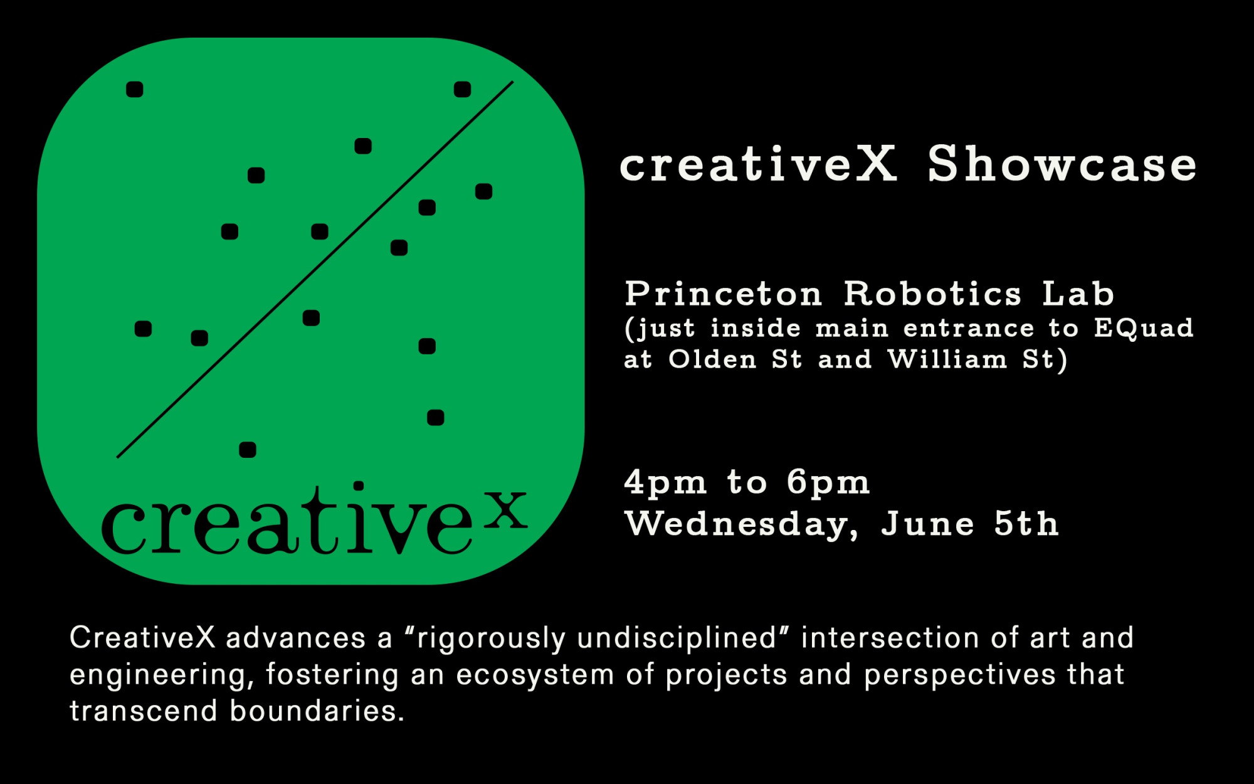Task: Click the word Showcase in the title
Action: [x=1062, y=164]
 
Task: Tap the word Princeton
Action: [x=723, y=294]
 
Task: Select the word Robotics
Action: [x=932, y=294]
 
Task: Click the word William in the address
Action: [x=947, y=359]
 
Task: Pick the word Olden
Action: [x=712, y=359]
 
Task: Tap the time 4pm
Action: [x=665, y=484]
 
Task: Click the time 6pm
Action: [x=828, y=484]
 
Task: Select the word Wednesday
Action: [x=742, y=524]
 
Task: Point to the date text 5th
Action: [x=1026, y=523]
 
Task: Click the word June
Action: [x=927, y=523]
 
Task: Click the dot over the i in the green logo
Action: [x=359, y=485]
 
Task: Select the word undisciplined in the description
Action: [x=677, y=638]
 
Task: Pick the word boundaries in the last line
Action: [x=317, y=711]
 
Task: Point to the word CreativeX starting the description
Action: [x=142, y=637]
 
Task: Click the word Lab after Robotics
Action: [x=1078, y=294]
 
